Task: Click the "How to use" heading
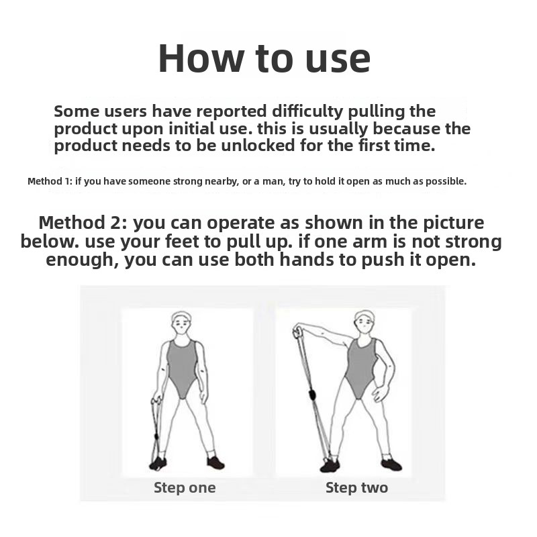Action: (x=264, y=58)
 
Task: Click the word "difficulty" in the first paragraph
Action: (x=307, y=111)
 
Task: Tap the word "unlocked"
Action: (x=258, y=145)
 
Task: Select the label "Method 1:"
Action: (x=50, y=181)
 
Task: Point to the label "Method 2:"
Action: (x=83, y=223)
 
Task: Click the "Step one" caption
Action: (x=185, y=488)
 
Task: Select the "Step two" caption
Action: (x=356, y=488)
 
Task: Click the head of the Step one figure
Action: (x=181, y=322)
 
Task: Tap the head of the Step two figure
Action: (x=364, y=322)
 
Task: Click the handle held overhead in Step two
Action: (x=297, y=332)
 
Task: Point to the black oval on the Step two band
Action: (x=312, y=395)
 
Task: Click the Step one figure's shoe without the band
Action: (x=215, y=463)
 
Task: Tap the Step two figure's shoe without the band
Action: (x=392, y=465)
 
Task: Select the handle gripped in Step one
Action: (x=157, y=403)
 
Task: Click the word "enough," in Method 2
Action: (x=82, y=260)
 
